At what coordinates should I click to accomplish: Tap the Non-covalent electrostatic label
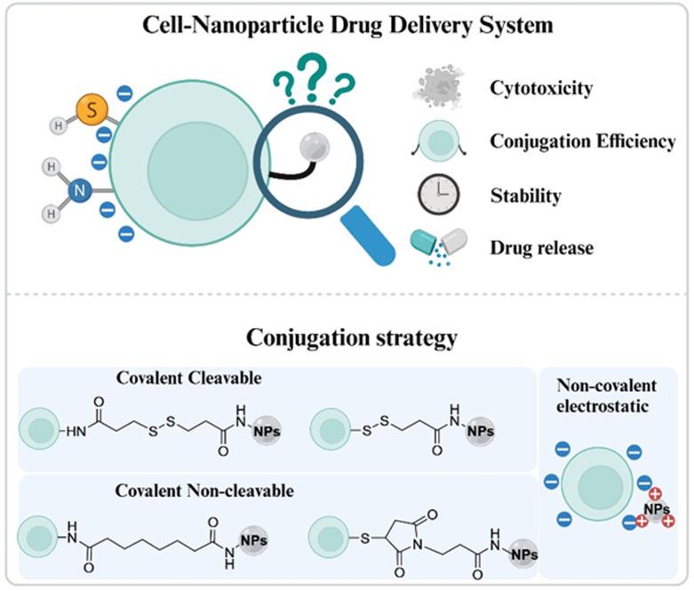pos(607,395)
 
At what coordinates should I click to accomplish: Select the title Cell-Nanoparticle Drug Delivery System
pos(347,24)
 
